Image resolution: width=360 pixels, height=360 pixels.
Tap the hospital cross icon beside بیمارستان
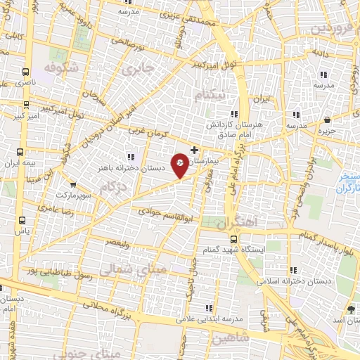tap(195, 150)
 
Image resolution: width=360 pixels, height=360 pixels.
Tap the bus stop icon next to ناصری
tap(26, 72)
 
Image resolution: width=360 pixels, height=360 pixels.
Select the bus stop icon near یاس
tap(22, 218)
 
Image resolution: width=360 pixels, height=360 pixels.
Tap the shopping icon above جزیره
tap(328, 120)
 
